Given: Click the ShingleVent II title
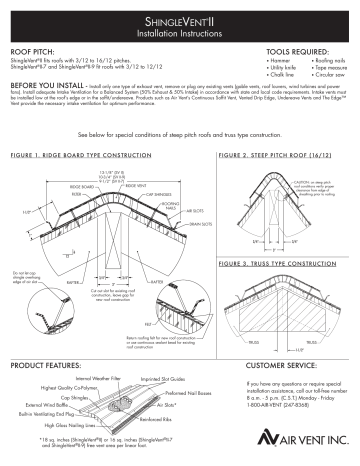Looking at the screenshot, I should pyautogui.click(x=180, y=19).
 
